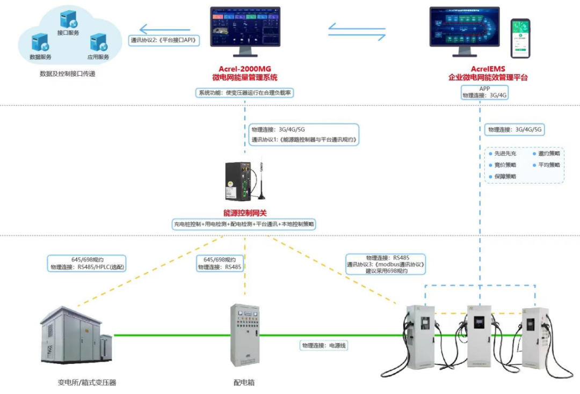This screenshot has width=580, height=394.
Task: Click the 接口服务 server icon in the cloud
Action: [x=68, y=20]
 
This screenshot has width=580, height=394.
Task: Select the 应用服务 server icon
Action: [x=98, y=42]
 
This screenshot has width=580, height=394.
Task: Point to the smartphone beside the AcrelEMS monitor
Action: [x=520, y=39]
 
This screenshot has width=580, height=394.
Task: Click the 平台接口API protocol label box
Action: [x=164, y=40]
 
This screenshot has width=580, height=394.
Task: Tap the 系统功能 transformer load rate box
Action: [x=246, y=92]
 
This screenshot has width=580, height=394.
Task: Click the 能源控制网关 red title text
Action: [x=245, y=213]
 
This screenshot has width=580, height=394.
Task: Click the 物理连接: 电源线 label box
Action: [x=324, y=346]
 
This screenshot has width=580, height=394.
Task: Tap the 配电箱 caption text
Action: [x=244, y=383]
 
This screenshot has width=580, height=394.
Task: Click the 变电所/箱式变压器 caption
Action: [x=87, y=383]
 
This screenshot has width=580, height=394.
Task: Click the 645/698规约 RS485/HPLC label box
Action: [x=87, y=262]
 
